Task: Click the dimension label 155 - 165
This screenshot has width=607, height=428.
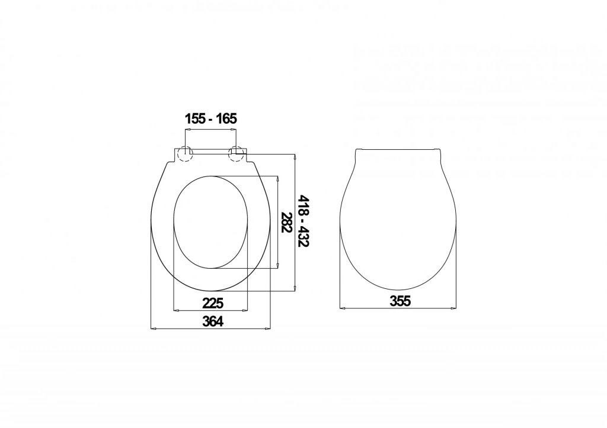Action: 210,118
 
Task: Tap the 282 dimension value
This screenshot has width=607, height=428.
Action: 286,223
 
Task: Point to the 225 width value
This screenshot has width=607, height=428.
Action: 213,303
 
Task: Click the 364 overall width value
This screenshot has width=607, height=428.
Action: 213,321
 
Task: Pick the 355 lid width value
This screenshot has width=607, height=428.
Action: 400,301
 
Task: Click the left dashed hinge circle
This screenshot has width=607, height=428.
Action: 185,154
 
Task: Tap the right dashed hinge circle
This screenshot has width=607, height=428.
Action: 237,154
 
